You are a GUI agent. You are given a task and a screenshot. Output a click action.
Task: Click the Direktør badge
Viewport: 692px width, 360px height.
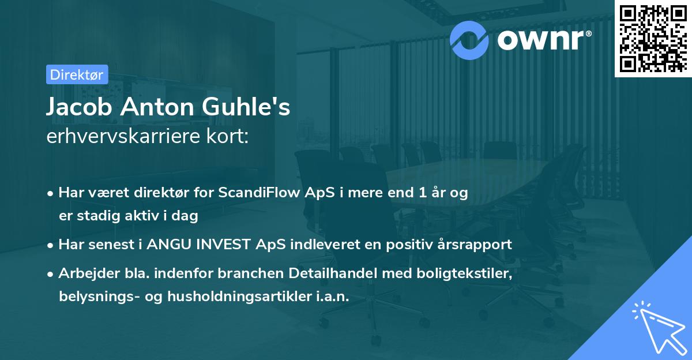coord(77,74)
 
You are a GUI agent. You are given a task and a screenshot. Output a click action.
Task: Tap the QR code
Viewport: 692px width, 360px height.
coord(653,37)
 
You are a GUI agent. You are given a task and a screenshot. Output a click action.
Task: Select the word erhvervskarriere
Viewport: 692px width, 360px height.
coord(124,136)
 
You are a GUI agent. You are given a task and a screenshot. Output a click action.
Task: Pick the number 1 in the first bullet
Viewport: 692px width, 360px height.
coord(424,193)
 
